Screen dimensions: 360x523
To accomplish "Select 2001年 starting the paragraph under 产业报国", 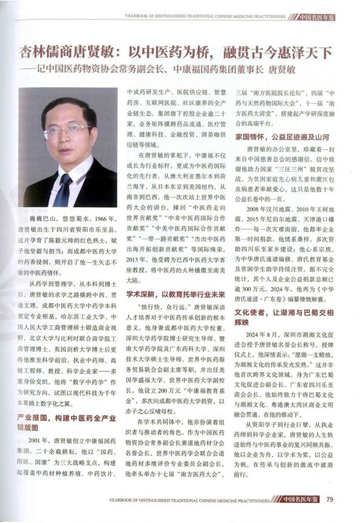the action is [x=38, y=440].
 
